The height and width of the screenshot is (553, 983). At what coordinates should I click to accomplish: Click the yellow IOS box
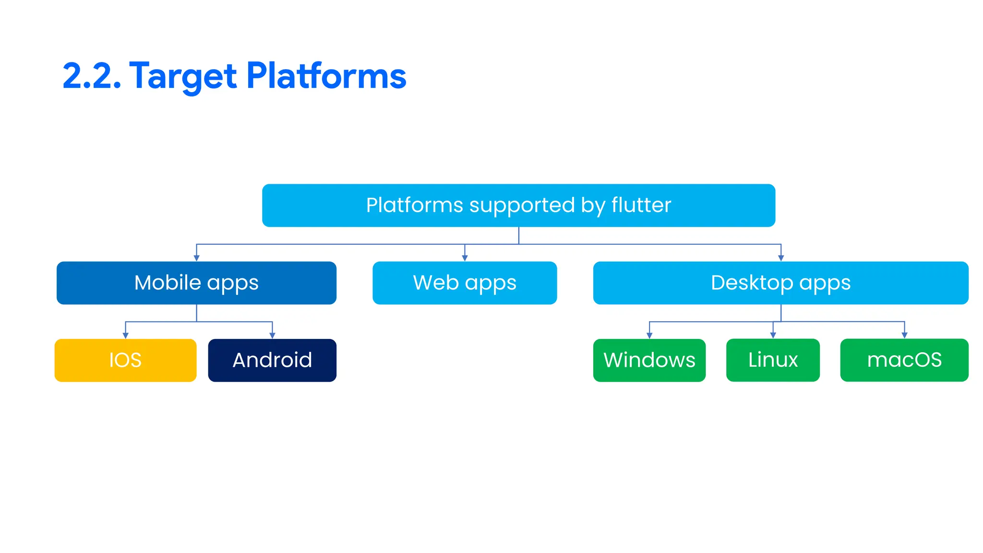[x=125, y=360]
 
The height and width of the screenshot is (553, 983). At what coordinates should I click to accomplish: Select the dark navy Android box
[x=272, y=360]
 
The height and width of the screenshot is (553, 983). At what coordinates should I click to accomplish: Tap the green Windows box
[x=649, y=360]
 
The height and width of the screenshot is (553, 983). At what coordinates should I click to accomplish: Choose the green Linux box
[x=773, y=360]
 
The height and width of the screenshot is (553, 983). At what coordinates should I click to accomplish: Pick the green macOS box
[x=904, y=360]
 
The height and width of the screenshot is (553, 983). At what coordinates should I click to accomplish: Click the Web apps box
[x=465, y=283]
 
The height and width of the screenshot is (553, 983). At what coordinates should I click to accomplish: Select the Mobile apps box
[x=196, y=283]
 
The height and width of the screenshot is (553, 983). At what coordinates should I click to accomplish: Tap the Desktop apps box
[x=780, y=283]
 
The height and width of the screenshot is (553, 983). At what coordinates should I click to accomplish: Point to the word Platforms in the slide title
[x=326, y=76]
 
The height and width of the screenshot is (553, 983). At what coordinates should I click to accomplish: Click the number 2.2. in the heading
[x=92, y=76]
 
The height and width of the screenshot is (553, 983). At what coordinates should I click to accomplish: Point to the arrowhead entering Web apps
[x=465, y=258]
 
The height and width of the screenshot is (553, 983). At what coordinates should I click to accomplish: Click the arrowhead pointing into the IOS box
[x=126, y=336]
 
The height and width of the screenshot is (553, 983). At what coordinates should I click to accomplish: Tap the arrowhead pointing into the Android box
[x=272, y=336]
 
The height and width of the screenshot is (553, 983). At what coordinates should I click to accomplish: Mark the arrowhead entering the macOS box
[x=904, y=336]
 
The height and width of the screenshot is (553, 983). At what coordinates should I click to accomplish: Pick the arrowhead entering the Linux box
[x=773, y=336]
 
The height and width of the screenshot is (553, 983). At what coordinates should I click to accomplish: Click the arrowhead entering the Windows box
[x=649, y=336]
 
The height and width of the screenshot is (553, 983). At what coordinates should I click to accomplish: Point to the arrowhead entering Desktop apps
[x=781, y=258]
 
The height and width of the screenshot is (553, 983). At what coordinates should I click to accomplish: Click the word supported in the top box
[x=522, y=206]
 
